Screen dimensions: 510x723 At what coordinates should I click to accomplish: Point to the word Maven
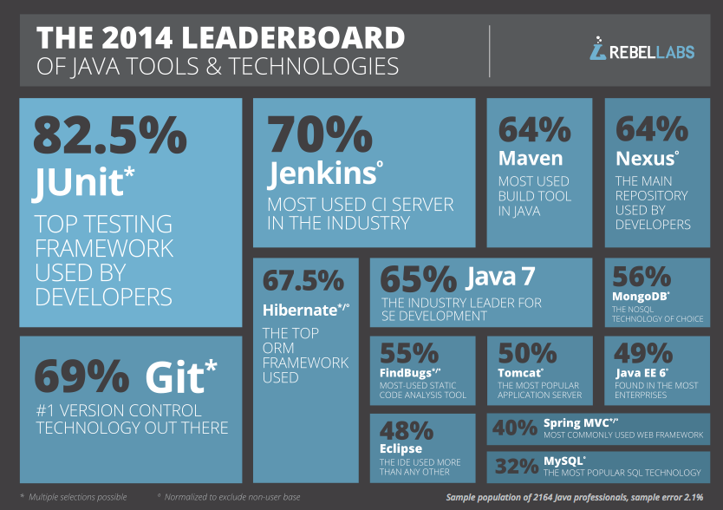click(x=530, y=159)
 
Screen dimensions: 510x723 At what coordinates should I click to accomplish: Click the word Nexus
click(x=644, y=159)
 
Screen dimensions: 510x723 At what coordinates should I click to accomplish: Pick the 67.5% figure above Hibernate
click(x=303, y=282)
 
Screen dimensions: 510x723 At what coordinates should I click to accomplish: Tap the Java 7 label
click(x=500, y=278)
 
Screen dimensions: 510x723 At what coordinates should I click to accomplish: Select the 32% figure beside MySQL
click(x=517, y=467)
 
